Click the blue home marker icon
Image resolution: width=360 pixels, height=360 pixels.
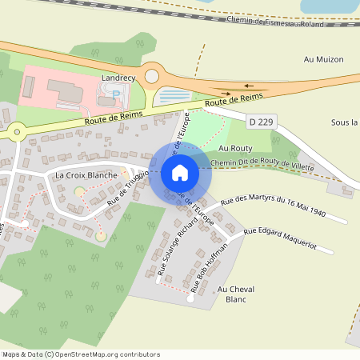(x=180, y=173)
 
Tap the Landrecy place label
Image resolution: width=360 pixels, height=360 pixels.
(x=119, y=78)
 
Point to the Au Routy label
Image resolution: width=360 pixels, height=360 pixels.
(x=235, y=149)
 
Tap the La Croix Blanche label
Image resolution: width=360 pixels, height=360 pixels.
(x=86, y=174)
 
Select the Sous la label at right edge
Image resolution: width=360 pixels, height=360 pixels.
(x=344, y=122)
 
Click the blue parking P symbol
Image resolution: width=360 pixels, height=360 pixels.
(x=116, y=94)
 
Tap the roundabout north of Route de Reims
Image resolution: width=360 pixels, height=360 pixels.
(x=151, y=77)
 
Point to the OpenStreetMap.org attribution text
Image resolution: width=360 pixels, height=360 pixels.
(x=104, y=354)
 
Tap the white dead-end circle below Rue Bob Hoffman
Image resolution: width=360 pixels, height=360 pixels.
(x=190, y=301)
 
